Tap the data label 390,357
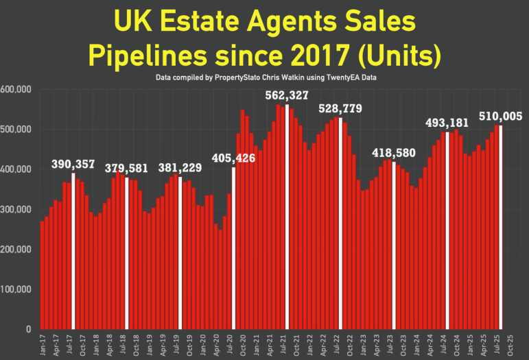tap(73, 165)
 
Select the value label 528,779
tap(340, 109)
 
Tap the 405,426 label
tap(234, 159)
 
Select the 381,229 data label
tap(180, 168)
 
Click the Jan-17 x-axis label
tap(43, 344)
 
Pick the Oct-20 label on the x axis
tap(243, 344)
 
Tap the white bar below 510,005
tap(501, 227)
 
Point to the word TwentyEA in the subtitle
tap(339, 78)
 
